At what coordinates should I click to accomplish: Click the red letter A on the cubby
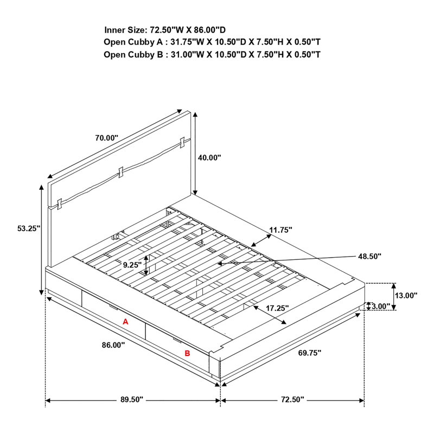125,322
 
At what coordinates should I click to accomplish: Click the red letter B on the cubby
187,353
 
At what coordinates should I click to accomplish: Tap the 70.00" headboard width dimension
106,138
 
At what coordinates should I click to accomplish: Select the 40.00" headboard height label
209,157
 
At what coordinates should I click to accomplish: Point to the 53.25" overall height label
29,228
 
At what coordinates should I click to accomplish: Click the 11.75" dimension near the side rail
280,229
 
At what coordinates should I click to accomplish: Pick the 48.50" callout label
370,256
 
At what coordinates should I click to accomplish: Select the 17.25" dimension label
277,308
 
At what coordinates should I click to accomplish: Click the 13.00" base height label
406,296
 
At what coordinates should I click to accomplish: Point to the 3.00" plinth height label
381,307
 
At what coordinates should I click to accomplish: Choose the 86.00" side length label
113,345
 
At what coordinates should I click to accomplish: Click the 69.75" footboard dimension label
309,353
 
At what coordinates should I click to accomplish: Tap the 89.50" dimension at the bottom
132,400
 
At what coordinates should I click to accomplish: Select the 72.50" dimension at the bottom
292,400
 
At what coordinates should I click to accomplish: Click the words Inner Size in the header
124,30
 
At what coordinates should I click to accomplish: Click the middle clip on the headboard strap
120,173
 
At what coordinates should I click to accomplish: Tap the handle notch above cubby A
113,307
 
